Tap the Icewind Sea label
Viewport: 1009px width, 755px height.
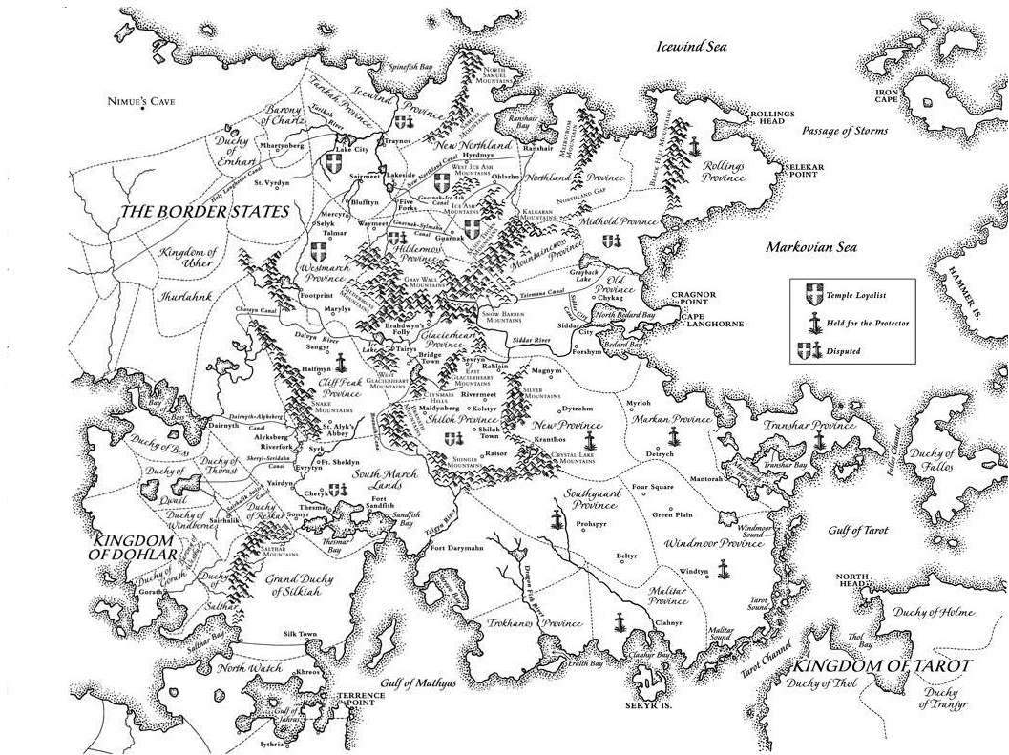[691, 46]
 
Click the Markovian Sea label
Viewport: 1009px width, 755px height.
[811, 248]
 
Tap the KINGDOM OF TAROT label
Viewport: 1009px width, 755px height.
[883, 665]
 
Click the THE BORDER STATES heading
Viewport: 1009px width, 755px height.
[204, 212]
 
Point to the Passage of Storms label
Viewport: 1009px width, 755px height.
[844, 131]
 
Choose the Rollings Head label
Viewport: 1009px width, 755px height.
[772, 117]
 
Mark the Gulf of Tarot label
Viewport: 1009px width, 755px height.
[858, 530]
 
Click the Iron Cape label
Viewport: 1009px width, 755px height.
[887, 94]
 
